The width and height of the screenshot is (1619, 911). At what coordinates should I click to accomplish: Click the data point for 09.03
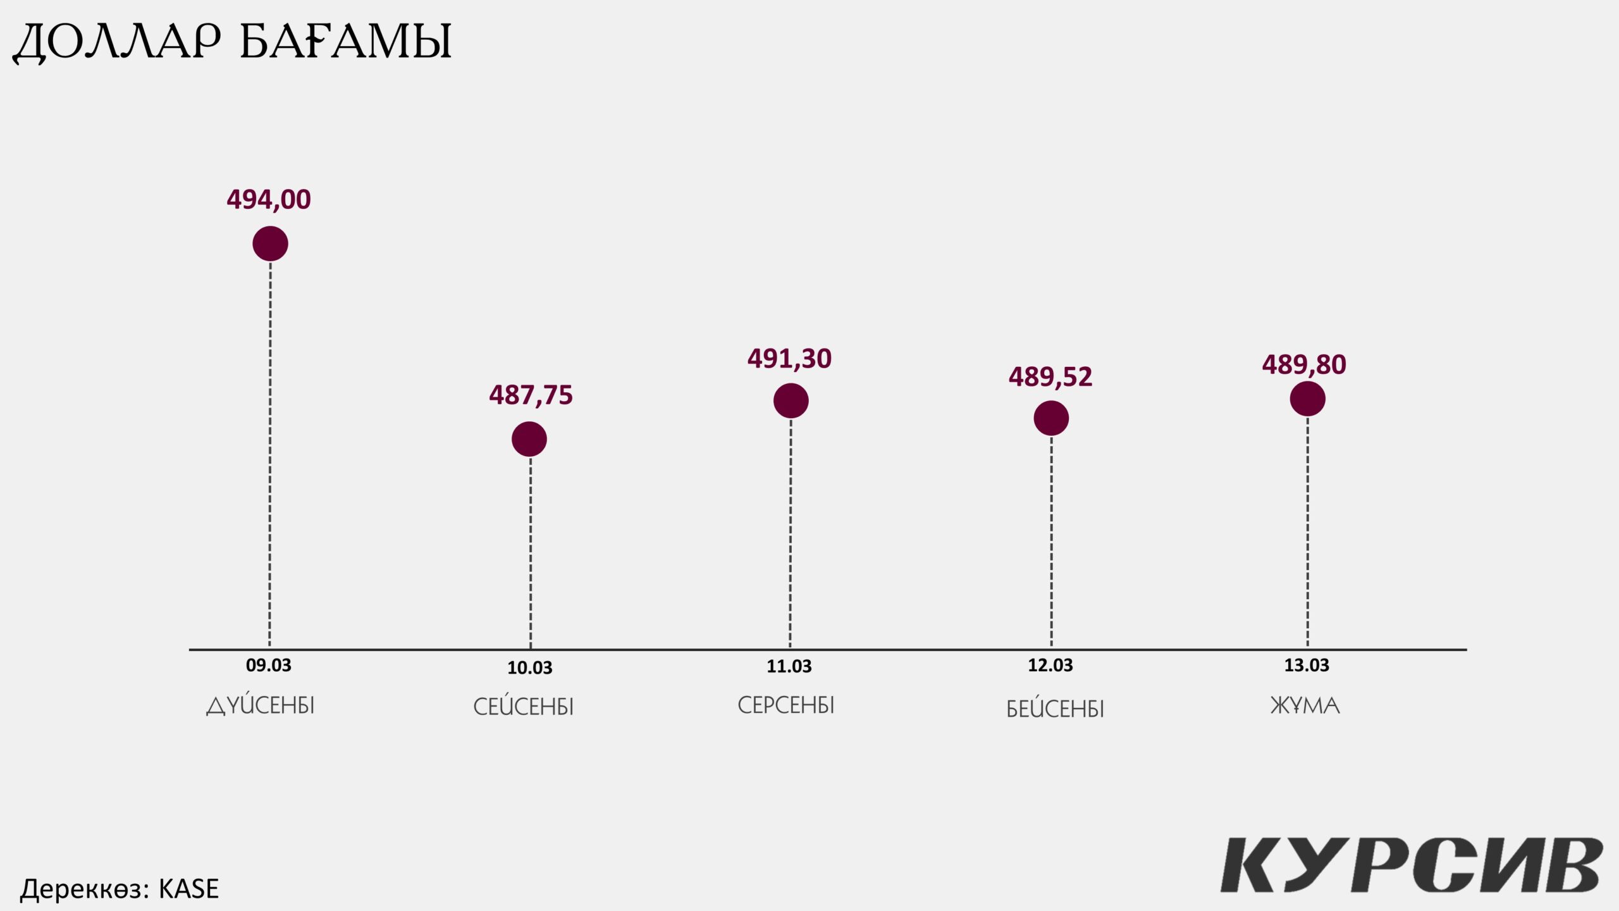tap(270, 244)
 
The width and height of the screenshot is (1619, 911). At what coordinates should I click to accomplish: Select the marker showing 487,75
tap(529, 439)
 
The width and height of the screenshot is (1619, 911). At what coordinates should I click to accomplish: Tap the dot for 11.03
tap(791, 400)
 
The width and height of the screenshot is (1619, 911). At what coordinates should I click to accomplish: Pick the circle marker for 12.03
tap(1051, 418)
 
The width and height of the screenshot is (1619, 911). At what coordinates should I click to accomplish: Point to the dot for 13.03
tap(1307, 399)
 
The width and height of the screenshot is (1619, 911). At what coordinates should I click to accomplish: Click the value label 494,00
tap(269, 200)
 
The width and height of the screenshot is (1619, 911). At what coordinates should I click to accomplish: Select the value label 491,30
tap(789, 359)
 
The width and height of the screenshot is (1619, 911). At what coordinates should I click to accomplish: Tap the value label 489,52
tap(1050, 377)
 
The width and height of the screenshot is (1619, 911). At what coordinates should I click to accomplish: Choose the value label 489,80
tap(1304, 364)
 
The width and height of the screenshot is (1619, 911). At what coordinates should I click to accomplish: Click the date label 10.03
tap(529, 667)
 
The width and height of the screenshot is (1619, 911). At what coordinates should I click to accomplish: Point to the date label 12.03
tap(1050, 666)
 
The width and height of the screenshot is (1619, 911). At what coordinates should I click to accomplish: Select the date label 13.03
tap(1306, 666)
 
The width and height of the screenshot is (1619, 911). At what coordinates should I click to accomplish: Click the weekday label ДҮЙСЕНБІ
tap(261, 705)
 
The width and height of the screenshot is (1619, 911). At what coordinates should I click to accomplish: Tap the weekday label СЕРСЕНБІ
tap(786, 705)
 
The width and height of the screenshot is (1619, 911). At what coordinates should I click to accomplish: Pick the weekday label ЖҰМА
tap(1305, 705)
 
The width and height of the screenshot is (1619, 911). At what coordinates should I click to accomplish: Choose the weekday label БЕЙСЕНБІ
tap(1055, 709)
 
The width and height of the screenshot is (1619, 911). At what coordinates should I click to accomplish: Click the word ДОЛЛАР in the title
tap(117, 42)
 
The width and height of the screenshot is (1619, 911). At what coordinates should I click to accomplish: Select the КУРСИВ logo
tap(1411, 865)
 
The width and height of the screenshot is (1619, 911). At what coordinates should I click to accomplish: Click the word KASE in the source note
tap(188, 889)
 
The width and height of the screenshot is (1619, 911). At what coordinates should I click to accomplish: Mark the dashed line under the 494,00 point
tap(270, 455)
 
